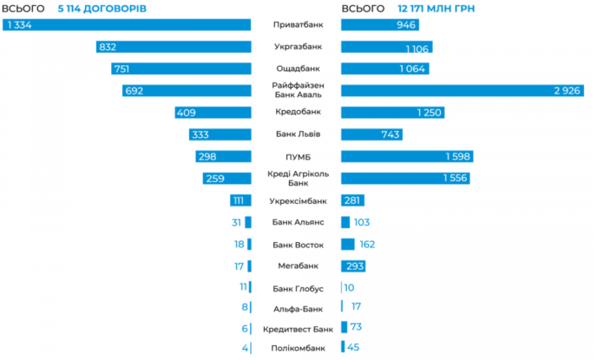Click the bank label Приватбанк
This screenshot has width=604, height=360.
pos(298,25)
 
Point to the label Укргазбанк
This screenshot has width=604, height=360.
pos(298,47)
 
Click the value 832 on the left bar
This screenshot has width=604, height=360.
pos(108,47)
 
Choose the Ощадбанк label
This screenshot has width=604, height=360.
pos(298,69)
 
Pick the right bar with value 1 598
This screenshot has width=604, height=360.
pos(407,156)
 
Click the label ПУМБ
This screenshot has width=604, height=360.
pos(298,156)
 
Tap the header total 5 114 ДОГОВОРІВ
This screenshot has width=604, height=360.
pos(103,8)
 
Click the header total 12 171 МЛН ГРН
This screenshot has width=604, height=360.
pos(443,8)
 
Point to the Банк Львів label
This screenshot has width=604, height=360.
pos(298,134)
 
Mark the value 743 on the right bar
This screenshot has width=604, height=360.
pos(391,134)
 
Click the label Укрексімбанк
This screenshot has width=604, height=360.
pos(298,200)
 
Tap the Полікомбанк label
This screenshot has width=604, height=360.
pos(298,349)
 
